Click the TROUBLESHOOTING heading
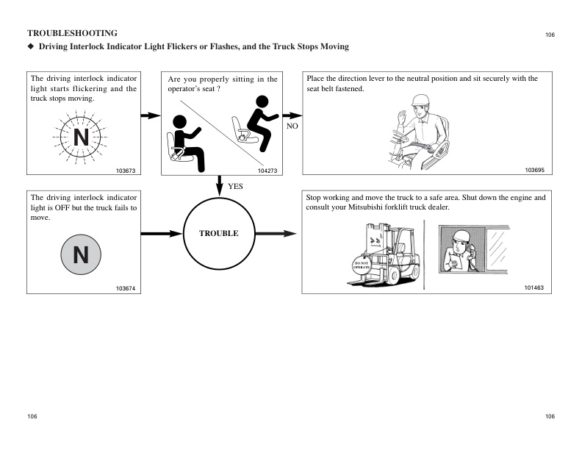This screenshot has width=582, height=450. click(72, 33)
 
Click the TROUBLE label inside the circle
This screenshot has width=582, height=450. click(219, 233)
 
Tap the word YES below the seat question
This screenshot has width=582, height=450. click(235, 187)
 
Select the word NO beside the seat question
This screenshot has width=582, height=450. click(292, 126)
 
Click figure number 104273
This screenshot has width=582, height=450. click(267, 171)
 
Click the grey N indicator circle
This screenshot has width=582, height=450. click(80, 254)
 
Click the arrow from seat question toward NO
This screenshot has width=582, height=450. click(292, 115)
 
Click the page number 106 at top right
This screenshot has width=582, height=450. click(550, 35)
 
